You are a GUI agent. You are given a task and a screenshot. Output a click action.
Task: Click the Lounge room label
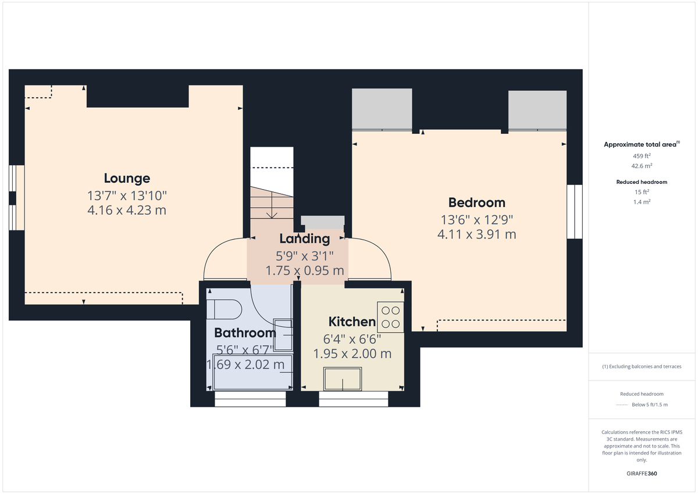point(127,179)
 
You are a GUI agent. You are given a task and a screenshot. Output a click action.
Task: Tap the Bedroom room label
point(476,202)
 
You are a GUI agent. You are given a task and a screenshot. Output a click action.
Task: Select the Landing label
point(304,239)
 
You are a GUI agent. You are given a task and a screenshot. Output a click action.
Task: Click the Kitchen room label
point(352,322)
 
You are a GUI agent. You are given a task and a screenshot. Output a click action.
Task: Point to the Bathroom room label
point(245,333)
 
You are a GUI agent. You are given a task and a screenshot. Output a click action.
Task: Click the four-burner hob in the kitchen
point(390,317)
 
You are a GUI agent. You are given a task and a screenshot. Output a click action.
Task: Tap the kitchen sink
point(343,379)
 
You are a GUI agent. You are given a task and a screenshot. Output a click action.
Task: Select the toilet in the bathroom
point(226,309)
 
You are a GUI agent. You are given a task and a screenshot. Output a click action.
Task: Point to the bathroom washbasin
point(283,335)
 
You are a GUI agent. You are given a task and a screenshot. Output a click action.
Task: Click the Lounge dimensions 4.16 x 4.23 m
point(127,209)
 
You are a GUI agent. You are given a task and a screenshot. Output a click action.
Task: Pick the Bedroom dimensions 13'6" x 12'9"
point(476,220)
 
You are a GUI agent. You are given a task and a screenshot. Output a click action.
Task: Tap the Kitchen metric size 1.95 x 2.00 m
point(352,354)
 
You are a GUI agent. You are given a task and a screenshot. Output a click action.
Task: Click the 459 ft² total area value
point(642,156)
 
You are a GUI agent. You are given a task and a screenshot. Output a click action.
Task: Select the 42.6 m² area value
point(642,165)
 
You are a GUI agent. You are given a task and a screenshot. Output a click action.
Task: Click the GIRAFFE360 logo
point(642,474)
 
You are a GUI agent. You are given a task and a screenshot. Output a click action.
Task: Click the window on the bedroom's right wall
point(575,212)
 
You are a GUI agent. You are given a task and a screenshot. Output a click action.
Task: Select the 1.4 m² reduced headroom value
point(642,201)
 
